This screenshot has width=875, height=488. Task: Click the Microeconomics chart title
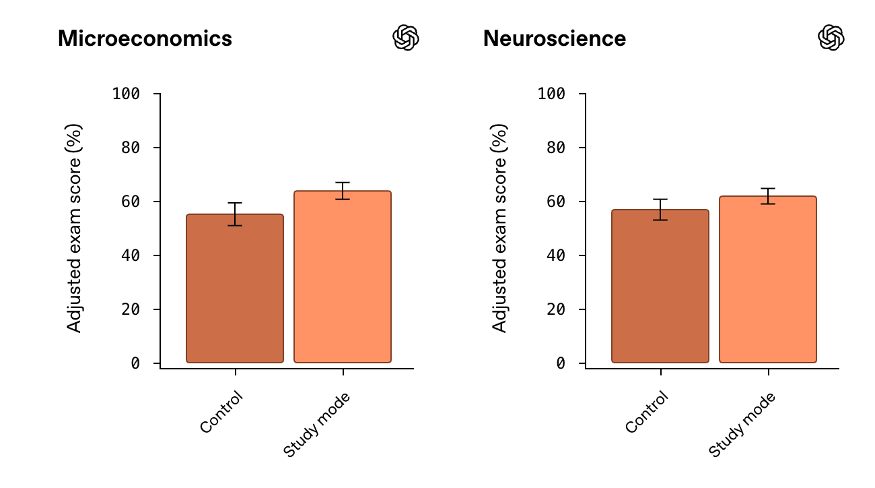[x=145, y=38]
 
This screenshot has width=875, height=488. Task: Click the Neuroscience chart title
[x=554, y=38]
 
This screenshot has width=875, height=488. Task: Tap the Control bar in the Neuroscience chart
[x=660, y=286]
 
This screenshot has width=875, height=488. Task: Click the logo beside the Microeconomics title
[x=406, y=38]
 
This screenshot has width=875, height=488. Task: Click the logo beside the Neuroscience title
[x=831, y=38]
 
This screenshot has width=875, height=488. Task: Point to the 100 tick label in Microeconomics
[x=126, y=94]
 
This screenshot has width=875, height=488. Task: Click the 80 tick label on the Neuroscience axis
[x=555, y=148]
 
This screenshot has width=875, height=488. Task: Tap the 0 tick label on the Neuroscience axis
[x=561, y=363]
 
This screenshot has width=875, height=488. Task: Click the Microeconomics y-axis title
[x=74, y=228]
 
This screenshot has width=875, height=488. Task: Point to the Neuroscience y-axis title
[x=499, y=228]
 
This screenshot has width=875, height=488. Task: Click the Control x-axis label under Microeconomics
[x=221, y=412]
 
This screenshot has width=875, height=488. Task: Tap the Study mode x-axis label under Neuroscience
[x=742, y=424]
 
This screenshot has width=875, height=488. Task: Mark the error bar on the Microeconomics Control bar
[x=235, y=214]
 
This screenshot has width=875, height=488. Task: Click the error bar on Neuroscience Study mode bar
[x=768, y=195]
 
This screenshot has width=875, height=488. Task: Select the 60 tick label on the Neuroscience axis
[x=555, y=202]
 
